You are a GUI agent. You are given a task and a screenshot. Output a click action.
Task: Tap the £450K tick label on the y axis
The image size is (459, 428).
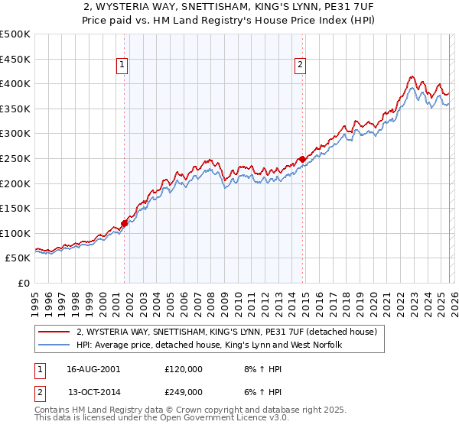click(x=15, y=59)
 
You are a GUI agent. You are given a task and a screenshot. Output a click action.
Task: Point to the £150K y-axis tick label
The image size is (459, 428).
click(x=15, y=208)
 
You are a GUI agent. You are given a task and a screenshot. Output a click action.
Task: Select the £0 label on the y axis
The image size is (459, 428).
click(x=23, y=283)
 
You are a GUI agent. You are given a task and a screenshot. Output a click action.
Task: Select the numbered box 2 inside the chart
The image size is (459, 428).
click(x=301, y=66)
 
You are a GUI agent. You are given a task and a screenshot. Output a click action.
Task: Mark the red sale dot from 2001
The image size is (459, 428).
click(x=125, y=223)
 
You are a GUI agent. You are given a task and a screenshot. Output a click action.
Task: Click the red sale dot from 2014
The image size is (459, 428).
click(x=303, y=159)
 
